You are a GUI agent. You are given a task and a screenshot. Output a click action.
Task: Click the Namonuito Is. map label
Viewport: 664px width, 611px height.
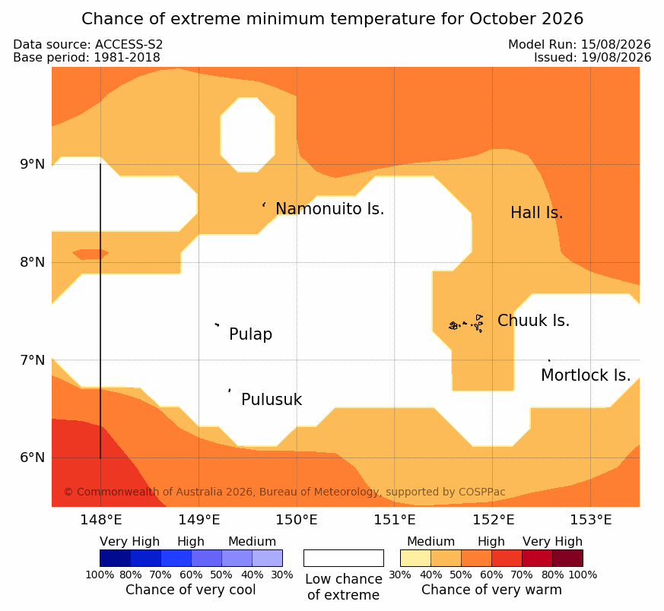[330, 209]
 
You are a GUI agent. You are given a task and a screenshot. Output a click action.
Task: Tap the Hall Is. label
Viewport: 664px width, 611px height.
[536, 213]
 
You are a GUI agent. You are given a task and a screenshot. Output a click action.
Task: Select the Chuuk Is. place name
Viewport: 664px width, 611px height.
[534, 321]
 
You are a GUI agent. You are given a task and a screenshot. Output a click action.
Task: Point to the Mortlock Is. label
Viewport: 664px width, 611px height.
[586, 375]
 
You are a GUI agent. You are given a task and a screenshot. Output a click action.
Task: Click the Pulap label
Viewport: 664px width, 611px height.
[251, 334]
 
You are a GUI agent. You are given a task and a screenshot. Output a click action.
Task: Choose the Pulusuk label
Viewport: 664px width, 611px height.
[272, 400]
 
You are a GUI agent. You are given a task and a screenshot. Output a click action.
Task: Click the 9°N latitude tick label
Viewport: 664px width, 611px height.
[32, 164]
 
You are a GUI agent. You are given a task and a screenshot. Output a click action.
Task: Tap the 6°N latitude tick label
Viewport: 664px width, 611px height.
[32, 457]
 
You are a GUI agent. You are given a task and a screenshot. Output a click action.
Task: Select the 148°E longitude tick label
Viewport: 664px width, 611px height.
[101, 520]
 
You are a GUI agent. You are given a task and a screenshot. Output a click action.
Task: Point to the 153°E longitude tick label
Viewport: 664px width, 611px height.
[591, 520]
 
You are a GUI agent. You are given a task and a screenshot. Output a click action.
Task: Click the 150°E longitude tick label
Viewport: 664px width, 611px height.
[297, 520]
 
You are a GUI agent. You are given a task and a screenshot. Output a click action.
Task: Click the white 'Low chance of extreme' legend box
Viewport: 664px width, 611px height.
[344, 558]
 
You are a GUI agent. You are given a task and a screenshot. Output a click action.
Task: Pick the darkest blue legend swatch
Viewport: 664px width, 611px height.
[115, 558]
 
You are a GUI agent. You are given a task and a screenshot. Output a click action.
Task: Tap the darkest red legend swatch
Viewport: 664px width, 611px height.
[568, 558]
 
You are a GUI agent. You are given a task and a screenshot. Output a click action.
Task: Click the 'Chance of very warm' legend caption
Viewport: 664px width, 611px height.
[491, 590]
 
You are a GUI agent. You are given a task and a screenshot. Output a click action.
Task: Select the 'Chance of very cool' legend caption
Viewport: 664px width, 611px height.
[191, 590]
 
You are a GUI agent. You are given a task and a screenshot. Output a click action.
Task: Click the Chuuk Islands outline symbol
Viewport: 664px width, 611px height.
[466, 324]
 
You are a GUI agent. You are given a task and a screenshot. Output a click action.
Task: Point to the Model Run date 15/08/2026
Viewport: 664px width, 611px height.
[616, 44]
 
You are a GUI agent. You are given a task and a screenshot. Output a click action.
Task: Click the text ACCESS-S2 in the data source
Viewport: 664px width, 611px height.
[129, 44]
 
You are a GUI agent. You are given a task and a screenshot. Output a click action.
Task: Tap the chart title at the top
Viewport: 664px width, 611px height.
[332, 19]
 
